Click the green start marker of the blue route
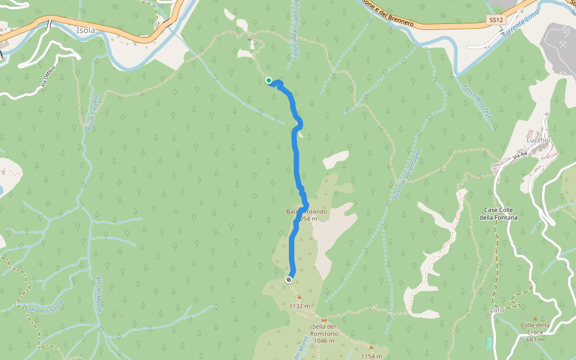click(269, 80)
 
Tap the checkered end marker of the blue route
click(289, 279)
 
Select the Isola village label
click(86, 29)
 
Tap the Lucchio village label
click(538, 140)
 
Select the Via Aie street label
click(520, 155)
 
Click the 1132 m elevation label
click(299, 305)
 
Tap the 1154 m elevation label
click(371, 356)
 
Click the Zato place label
click(497, 310)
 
